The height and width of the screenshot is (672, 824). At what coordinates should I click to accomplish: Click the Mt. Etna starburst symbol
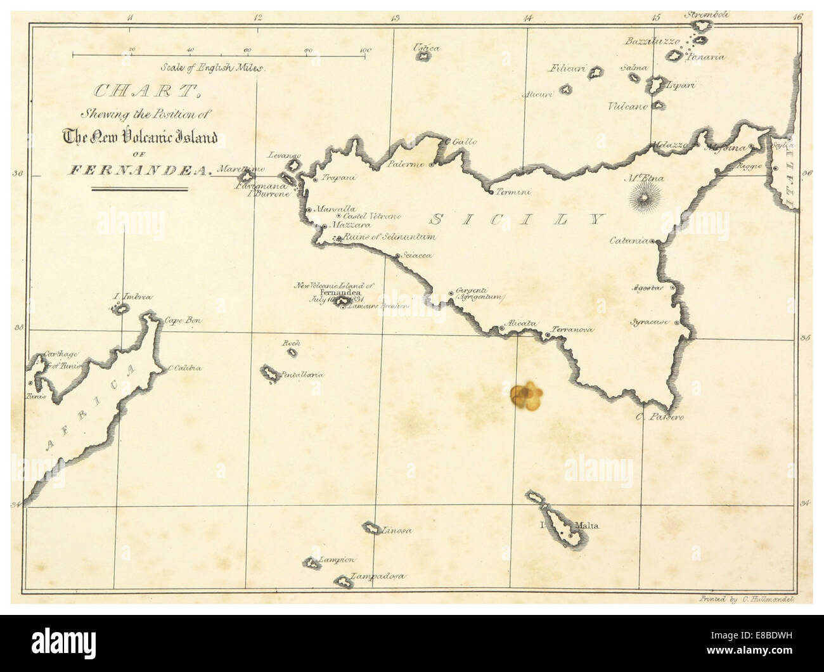(645, 200)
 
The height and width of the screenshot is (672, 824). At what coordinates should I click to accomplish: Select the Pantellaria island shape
(271, 374)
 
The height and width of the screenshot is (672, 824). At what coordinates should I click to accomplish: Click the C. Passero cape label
(660, 417)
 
